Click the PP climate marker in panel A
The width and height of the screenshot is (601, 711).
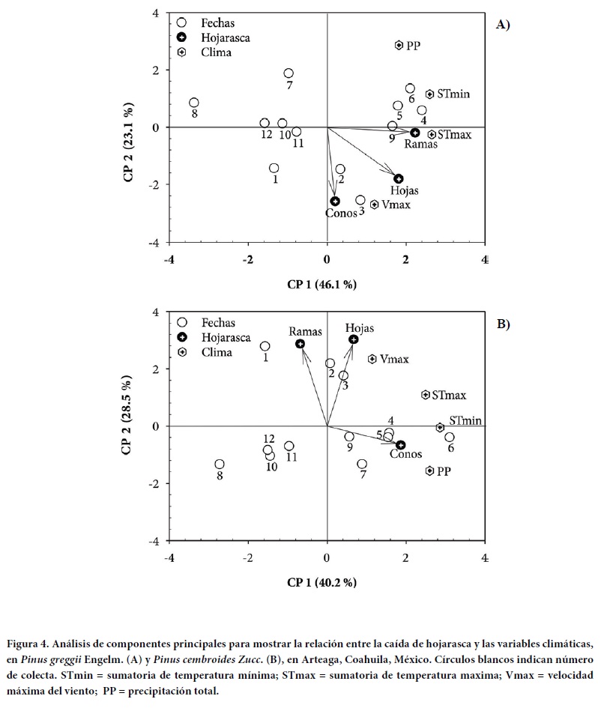point(399,45)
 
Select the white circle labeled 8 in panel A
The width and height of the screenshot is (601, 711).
point(194,103)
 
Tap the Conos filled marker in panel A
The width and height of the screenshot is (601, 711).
point(335,201)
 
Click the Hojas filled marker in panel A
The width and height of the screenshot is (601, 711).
point(399,178)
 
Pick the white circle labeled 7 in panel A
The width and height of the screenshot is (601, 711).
point(289,73)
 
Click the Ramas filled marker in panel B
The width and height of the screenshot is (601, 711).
point(300,344)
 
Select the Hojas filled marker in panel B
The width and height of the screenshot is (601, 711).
point(354,339)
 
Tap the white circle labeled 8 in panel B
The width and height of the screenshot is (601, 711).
point(220,465)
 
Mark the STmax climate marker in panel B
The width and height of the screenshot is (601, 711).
point(426,394)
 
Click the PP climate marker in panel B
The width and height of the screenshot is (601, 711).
point(429,471)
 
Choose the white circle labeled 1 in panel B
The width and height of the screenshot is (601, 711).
point(265,346)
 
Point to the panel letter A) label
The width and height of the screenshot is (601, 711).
point(503,25)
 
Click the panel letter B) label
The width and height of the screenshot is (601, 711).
point(503,324)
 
